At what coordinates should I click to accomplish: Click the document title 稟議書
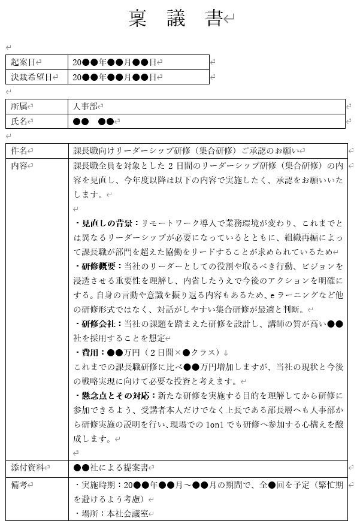pyautogui.click(x=176, y=20)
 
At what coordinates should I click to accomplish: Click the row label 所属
pyautogui.click(x=19, y=106)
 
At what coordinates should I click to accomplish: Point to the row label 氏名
pyautogui.click(x=19, y=121)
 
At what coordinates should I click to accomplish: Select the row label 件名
pyautogui.click(x=19, y=151)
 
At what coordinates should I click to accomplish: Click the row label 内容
pyautogui.click(x=19, y=166)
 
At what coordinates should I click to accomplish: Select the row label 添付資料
pyautogui.click(x=27, y=467)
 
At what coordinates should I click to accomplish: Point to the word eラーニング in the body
pyautogui.click(x=291, y=295)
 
